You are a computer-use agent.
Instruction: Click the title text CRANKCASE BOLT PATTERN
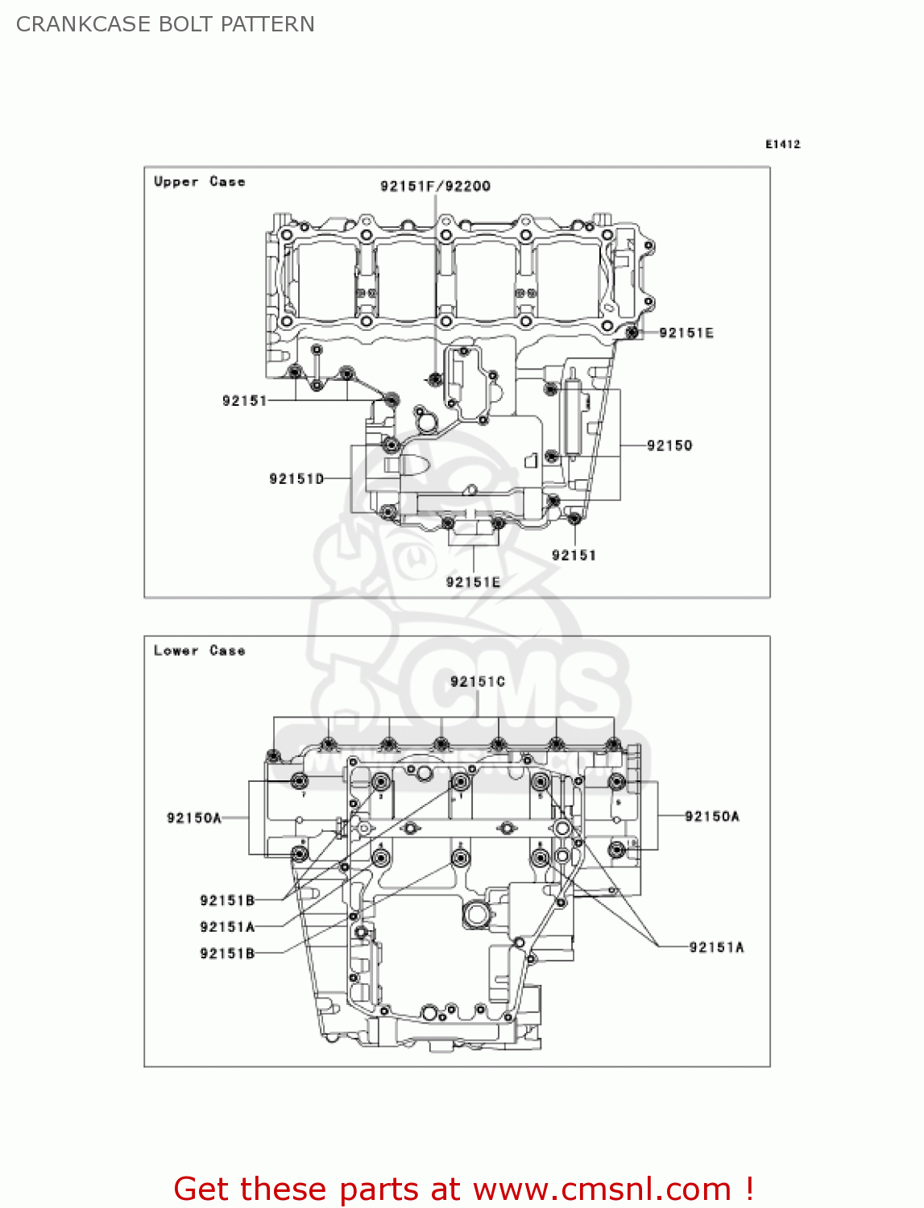(x=165, y=24)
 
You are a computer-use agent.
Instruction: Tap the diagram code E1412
(x=782, y=144)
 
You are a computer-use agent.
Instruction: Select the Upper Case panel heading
(x=199, y=182)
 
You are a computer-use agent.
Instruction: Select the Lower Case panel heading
(x=199, y=651)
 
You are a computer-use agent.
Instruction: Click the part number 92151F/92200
(x=435, y=186)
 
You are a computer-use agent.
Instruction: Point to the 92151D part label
(x=296, y=479)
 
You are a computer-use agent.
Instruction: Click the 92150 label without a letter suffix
(x=669, y=445)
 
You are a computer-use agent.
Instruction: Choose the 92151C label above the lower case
(x=478, y=682)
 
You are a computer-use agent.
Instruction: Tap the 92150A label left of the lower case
(x=194, y=818)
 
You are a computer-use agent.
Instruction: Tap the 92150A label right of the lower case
(x=712, y=817)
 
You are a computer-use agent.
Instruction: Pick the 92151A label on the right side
(x=716, y=948)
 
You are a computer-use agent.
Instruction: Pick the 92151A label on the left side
(x=227, y=927)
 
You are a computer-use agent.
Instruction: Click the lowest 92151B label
(x=227, y=954)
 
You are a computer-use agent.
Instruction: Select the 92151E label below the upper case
(x=473, y=582)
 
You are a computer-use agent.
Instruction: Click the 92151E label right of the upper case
(x=686, y=333)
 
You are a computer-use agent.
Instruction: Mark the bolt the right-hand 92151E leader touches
(x=633, y=332)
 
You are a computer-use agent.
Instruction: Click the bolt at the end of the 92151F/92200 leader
(x=436, y=379)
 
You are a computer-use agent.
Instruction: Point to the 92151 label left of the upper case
(x=244, y=400)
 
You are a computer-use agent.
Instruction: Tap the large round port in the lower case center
(x=477, y=914)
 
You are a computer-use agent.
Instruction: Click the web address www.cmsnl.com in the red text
(x=602, y=1189)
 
